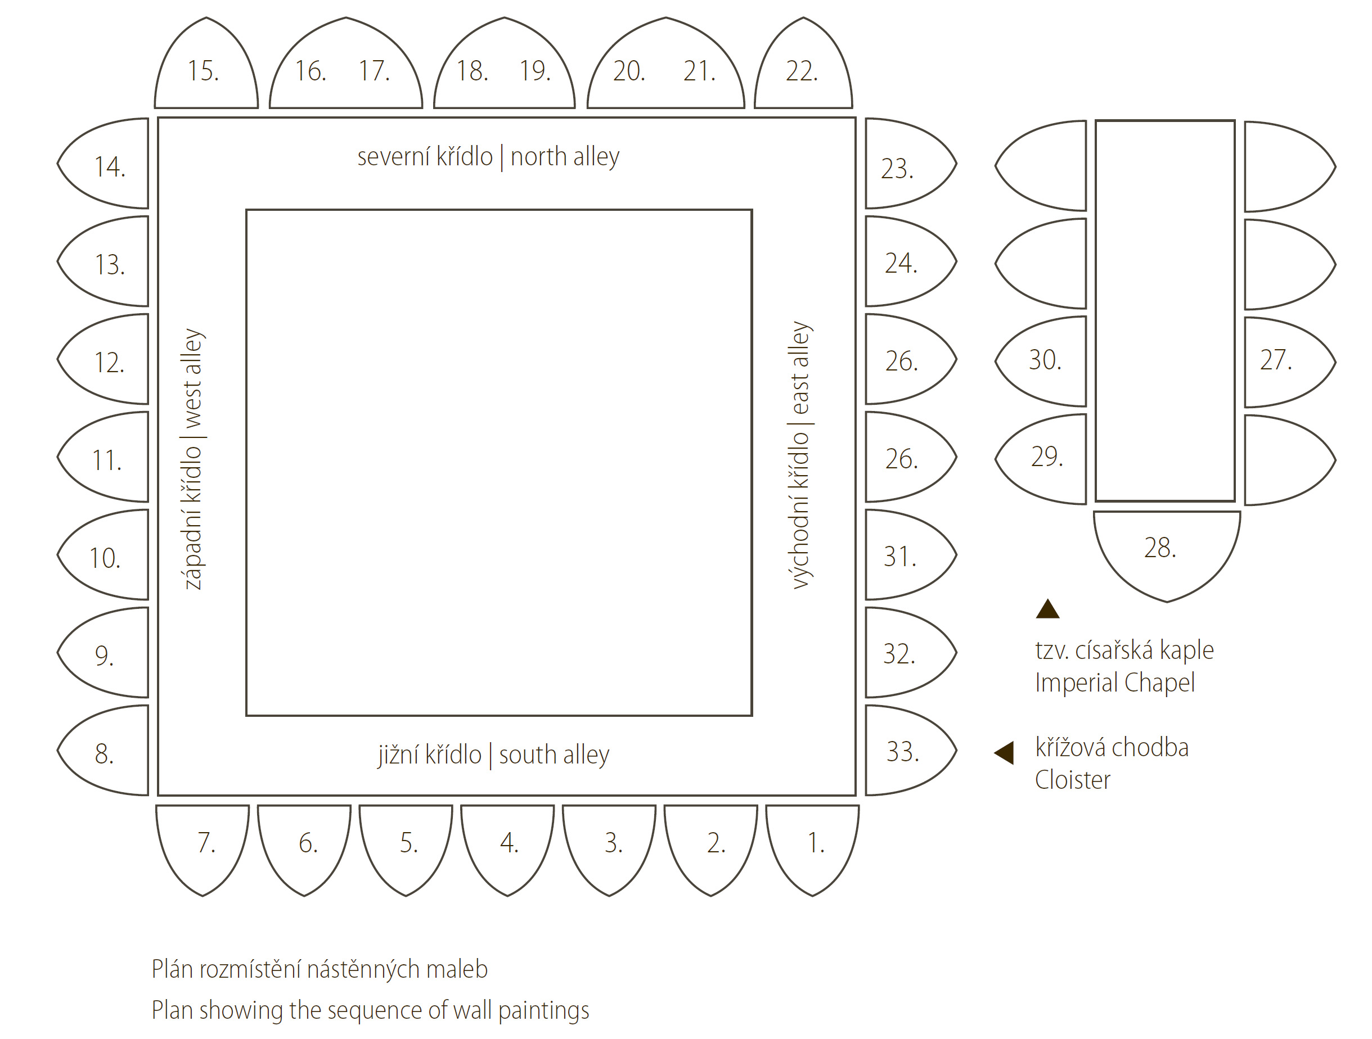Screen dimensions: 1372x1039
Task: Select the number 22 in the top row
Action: pos(802,71)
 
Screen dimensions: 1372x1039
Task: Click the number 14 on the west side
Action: pos(110,167)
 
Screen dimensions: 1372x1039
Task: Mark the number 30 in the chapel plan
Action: pos(1045,360)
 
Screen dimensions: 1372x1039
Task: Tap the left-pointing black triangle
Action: pos(1005,753)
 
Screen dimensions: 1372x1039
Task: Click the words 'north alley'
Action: pos(565,157)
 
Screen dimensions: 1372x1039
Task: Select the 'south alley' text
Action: pos(554,755)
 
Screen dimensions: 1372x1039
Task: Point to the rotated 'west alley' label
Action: pos(192,378)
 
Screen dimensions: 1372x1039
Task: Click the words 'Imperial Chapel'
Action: pos(1114,683)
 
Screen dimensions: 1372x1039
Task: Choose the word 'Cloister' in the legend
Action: pos(1072,780)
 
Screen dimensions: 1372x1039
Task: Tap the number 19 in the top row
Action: pos(534,71)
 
